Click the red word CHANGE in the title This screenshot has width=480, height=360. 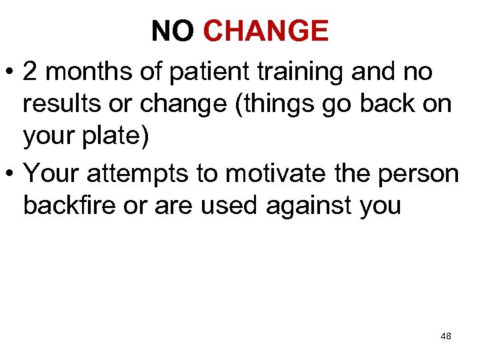265,31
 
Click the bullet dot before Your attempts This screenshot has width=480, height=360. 11,173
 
